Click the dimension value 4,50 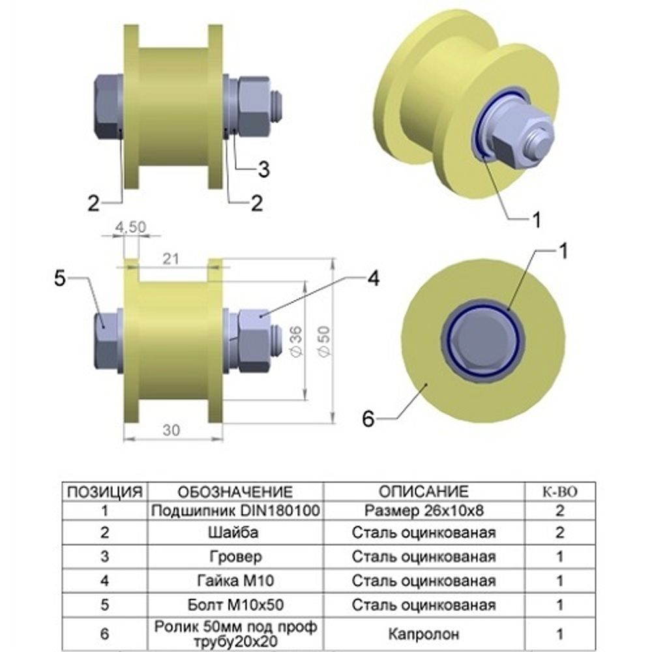(x=130, y=227)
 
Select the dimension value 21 (x=171, y=259)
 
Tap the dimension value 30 (x=171, y=430)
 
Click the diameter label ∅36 (x=294, y=340)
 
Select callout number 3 (x=263, y=170)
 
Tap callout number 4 (x=372, y=278)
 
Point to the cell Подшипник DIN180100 (x=235, y=510)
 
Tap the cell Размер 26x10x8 (x=424, y=510)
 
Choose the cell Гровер (x=235, y=557)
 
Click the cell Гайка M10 (x=235, y=580)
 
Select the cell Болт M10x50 (x=235, y=604)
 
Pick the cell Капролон (x=424, y=633)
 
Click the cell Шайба (x=235, y=533)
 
